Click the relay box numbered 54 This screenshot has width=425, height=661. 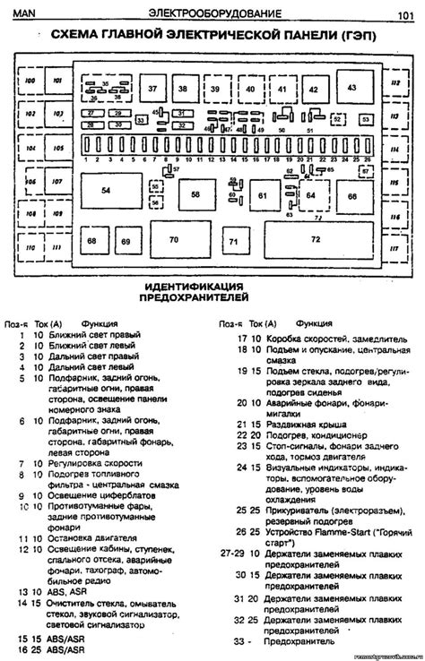[x=106, y=191]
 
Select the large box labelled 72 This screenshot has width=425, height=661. [x=315, y=239]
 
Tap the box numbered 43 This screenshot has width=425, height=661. [x=351, y=89]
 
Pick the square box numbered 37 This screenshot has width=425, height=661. [x=152, y=90]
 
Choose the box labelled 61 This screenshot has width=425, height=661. [x=263, y=194]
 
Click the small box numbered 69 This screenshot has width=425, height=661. [x=126, y=242]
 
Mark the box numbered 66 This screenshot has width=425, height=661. [x=351, y=195]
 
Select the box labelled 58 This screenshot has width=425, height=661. [x=195, y=193]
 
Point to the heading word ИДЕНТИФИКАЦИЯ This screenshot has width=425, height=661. [x=194, y=288]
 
